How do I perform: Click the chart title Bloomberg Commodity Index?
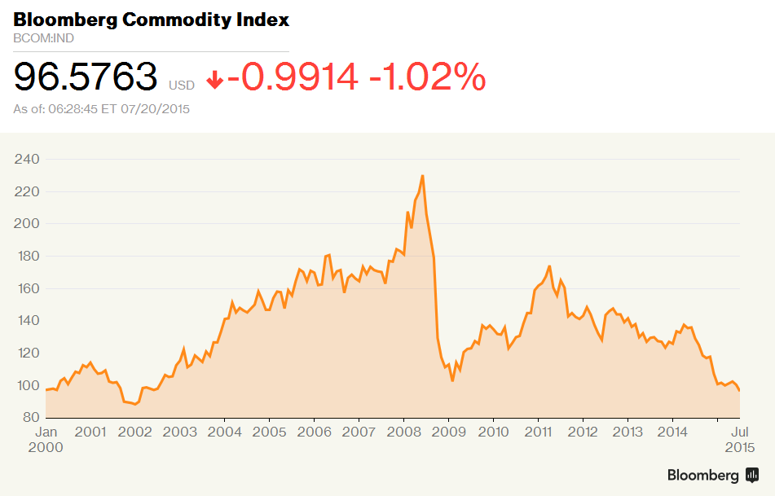[151, 20]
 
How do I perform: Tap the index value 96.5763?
[86, 77]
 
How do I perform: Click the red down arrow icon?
[215, 80]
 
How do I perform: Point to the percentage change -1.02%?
[428, 77]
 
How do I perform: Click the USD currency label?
[182, 85]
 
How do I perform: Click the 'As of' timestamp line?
[102, 108]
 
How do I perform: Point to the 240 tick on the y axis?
[26, 159]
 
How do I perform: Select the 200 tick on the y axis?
[26, 224]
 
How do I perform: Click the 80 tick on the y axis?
[30, 418]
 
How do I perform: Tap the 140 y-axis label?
[26, 321]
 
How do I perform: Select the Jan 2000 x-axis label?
[47, 439]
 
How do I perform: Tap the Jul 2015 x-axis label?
[739, 439]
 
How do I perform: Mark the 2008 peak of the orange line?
[422, 176]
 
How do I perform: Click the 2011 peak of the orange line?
[549, 266]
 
